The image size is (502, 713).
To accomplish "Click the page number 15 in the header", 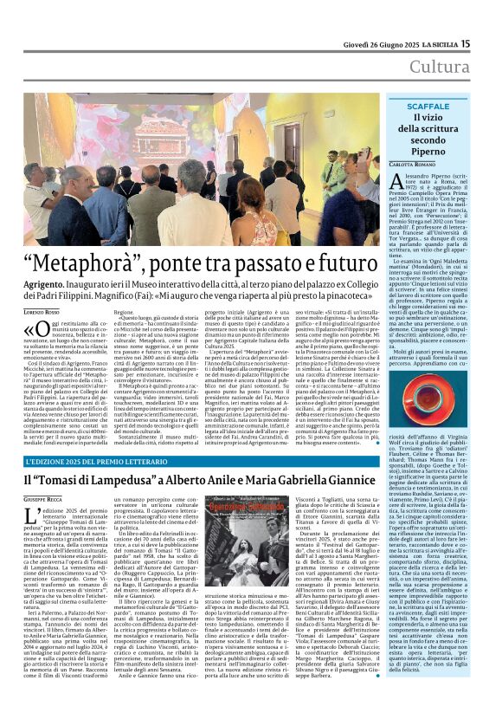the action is tap(489, 43).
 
